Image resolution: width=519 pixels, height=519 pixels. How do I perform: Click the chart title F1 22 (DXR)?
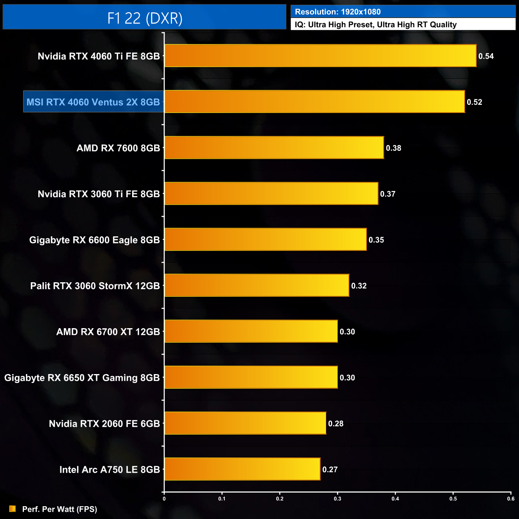(145, 18)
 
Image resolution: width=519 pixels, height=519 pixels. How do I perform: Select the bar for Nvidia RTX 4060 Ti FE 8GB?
(320, 56)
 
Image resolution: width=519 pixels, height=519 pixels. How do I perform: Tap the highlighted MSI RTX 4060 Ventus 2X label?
(93, 102)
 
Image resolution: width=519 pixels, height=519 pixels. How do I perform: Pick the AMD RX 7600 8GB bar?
(274, 148)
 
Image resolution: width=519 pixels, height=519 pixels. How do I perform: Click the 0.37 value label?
(388, 194)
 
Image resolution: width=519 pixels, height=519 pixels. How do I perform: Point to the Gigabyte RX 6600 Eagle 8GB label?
(94, 240)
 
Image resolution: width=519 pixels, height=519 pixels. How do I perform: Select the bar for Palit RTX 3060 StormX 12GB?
(257, 285)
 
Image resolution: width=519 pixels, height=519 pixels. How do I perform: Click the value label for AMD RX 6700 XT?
(347, 332)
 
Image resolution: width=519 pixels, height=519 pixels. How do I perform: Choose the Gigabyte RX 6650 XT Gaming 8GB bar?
(251, 377)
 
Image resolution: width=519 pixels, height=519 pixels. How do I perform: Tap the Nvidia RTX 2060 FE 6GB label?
(104, 424)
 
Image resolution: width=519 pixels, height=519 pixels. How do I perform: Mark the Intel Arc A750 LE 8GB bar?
(242, 469)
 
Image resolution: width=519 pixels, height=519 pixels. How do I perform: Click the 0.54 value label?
(486, 56)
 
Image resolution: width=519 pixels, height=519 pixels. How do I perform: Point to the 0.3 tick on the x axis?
(338, 499)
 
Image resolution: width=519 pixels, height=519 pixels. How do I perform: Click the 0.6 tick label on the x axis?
(511, 499)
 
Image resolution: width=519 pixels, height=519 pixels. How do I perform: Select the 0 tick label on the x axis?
(164, 499)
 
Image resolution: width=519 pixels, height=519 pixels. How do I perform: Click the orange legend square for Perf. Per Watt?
(13, 509)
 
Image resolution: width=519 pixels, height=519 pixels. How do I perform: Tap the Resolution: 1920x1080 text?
(338, 12)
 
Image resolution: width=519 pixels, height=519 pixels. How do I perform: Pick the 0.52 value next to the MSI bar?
(474, 102)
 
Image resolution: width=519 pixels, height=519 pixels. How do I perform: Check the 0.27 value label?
(330, 469)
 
